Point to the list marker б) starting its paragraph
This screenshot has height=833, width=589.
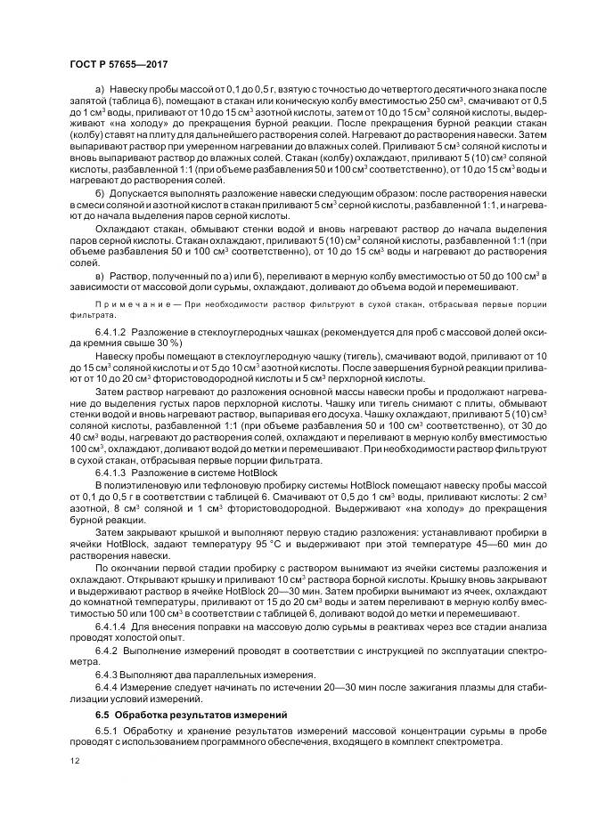pos(99,192)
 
